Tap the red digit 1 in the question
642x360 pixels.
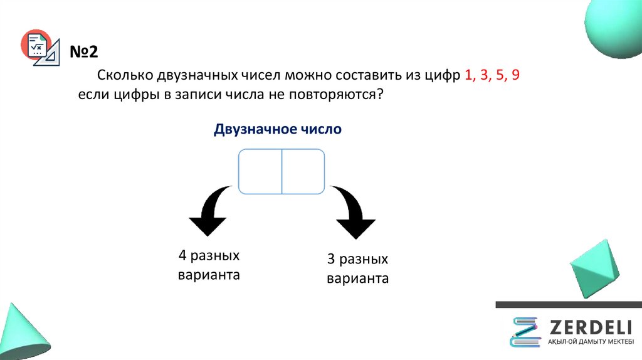pyautogui.click(x=468, y=76)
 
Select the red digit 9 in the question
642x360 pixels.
pyautogui.click(x=515, y=76)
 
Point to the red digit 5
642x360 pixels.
pyautogui.click(x=500, y=76)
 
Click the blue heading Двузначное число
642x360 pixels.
pyautogui.click(x=278, y=130)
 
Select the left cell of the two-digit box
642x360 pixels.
pyautogui.click(x=260, y=171)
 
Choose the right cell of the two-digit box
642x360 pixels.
pyautogui.click(x=303, y=171)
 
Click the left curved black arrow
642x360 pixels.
pyautogui.click(x=210, y=211)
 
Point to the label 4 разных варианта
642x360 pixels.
pyautogui.click(x=209, y=266)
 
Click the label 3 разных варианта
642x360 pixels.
pyautogui.click(x=357, y=269)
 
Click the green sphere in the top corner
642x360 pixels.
pyautogui.click(x=614, y=28)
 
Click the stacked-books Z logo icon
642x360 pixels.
pyautogui.click(x=524, y=332)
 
